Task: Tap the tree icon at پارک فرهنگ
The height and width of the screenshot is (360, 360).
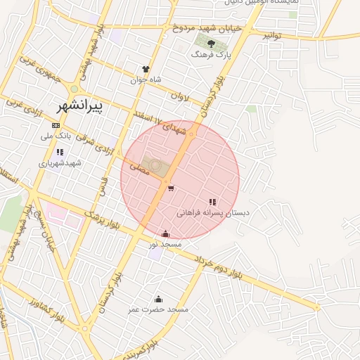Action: pyautogui.click(x=212, y=44)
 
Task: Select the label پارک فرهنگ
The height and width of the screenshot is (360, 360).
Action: pyautogui.click(x=213, y=54)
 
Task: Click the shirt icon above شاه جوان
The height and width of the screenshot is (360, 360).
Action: pyautogui.click(x=146, y=70)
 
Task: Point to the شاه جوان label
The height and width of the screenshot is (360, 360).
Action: pyautogui.click(x=146, y=79)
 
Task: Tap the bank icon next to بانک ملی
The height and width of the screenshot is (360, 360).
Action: pyautogui.click(x=56, y=125)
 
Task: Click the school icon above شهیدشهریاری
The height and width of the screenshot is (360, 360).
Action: pyautogui.click(x=60, y=152)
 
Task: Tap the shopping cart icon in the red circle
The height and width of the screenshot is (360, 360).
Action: pyautogui.click(x=172, y=188)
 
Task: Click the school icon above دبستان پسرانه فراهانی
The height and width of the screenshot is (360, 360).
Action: pyautogui.click(x=212, y=202)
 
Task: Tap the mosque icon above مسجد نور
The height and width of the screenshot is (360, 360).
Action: pyautogui.click(x=165, y=234)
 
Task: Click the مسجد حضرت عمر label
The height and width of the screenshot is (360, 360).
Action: pyautogui.click(x=158, y=309)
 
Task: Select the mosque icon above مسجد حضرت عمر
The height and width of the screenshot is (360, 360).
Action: pyautogui.click(x=157, y=299)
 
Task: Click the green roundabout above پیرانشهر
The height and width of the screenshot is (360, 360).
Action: pyautogui.click(x=74, y=89)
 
